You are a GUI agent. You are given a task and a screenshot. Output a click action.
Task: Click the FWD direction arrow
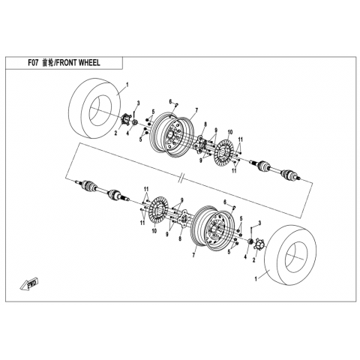(x=29, y=284)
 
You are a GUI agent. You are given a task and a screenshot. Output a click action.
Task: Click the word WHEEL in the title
(x=89, y=63)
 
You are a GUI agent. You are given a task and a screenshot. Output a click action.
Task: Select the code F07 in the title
(x=33, y=63)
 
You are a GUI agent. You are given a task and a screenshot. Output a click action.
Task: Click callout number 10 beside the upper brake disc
(x=230, y=132)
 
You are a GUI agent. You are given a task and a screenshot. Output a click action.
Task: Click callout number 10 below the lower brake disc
(x=154, y=230)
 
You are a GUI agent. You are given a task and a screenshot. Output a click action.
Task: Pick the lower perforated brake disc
(x=158, y=211)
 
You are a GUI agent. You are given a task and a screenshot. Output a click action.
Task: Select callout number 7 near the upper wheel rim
(x=196, y=109)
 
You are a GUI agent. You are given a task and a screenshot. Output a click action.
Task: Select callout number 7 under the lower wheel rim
(x=193, y=255)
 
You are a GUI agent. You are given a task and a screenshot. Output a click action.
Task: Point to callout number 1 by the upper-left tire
(x=127, y=85)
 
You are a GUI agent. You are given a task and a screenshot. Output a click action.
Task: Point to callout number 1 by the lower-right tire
(x=256, y=280)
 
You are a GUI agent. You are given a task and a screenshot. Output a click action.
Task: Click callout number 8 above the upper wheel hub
(x=205, y=124)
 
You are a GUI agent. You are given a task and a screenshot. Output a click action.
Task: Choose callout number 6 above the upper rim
(x=170, y=101)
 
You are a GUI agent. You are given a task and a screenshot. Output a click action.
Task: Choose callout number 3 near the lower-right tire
(x=259, y=223)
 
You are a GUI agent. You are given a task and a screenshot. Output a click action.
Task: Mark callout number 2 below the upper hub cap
(x=115, y=133)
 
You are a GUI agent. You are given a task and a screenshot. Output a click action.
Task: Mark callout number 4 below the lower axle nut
(x=245, y=256)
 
